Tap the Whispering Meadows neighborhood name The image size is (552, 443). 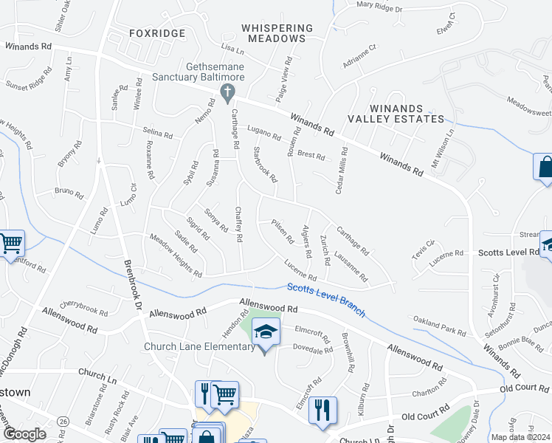click(277, 33)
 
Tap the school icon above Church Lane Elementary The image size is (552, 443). click(266, 331)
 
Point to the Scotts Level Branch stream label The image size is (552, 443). click(325, 300)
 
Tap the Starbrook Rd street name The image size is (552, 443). click(264, 167)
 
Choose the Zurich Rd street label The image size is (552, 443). click(325, 251)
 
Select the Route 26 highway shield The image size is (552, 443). click(64, 421)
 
